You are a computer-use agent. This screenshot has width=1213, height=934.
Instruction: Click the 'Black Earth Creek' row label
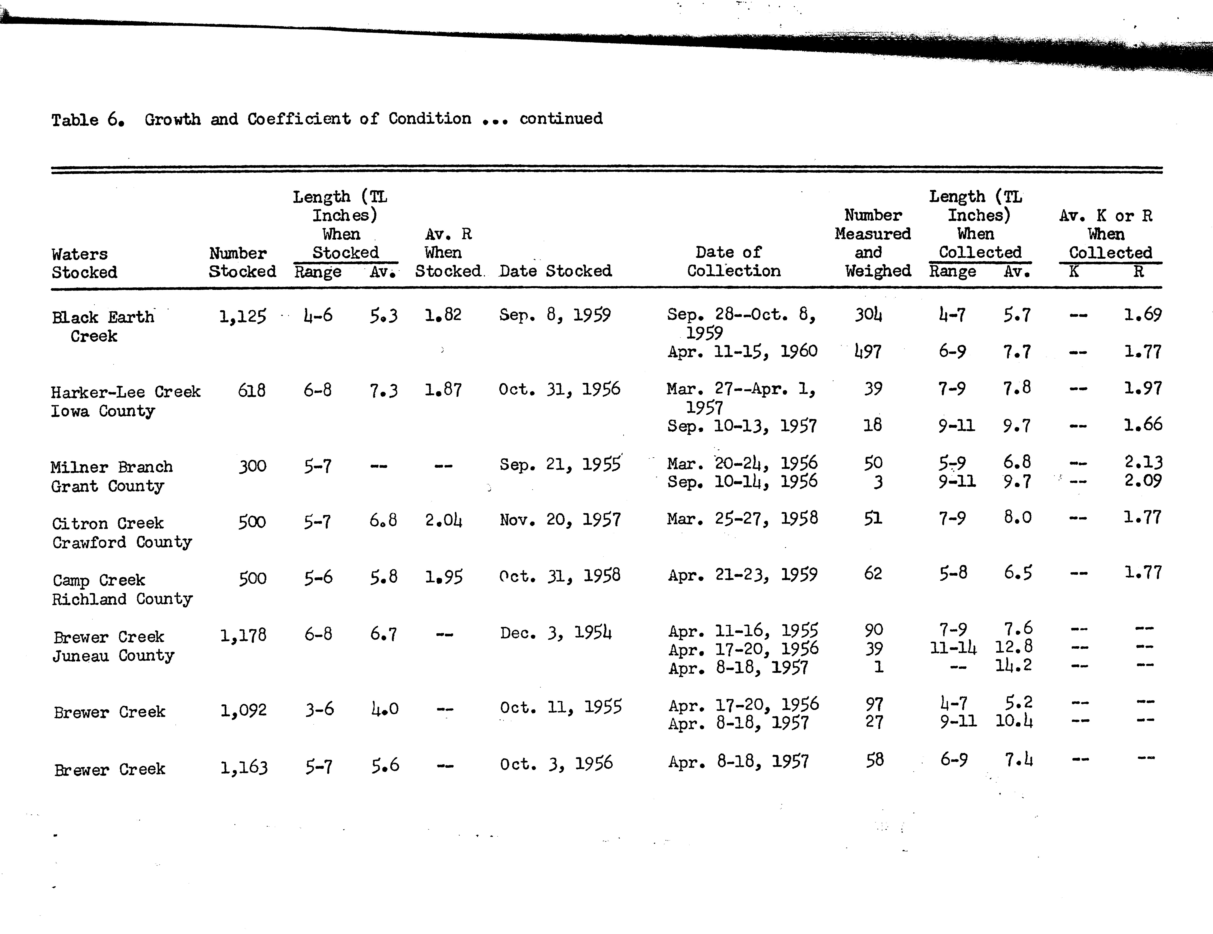[x=103, y=326]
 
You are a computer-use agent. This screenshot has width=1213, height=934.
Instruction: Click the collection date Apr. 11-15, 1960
[x=742, y=351]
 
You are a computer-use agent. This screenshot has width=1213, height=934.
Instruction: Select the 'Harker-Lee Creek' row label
[x=126, y=392]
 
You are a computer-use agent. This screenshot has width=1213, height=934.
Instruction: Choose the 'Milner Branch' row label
[x=111, y=467]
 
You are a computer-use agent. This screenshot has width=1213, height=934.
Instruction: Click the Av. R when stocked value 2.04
[x=443, y=521]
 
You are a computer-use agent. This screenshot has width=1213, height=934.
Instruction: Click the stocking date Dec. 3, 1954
[x=555, y=633]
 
